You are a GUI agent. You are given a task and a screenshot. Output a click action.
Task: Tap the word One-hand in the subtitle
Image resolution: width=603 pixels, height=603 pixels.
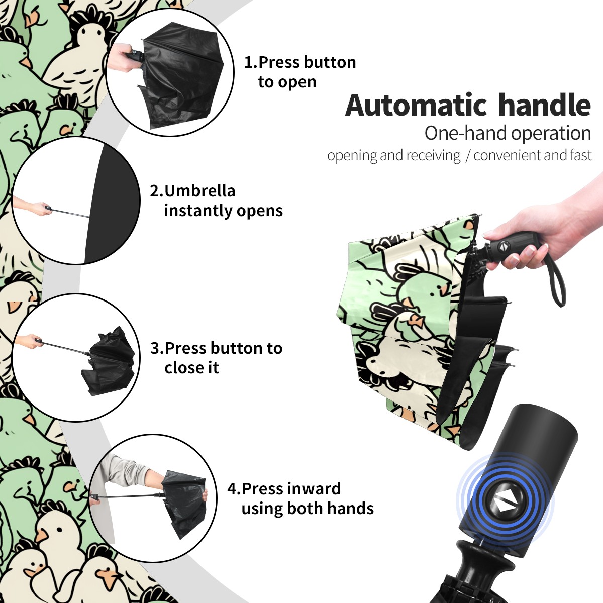466,133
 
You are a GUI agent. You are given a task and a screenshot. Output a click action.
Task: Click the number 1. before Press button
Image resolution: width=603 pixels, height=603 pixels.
251,62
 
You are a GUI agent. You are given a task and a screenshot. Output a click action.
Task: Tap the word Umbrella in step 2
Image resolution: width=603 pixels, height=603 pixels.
199,191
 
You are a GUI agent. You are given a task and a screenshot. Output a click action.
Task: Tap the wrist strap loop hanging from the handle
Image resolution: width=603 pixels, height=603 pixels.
556,281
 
